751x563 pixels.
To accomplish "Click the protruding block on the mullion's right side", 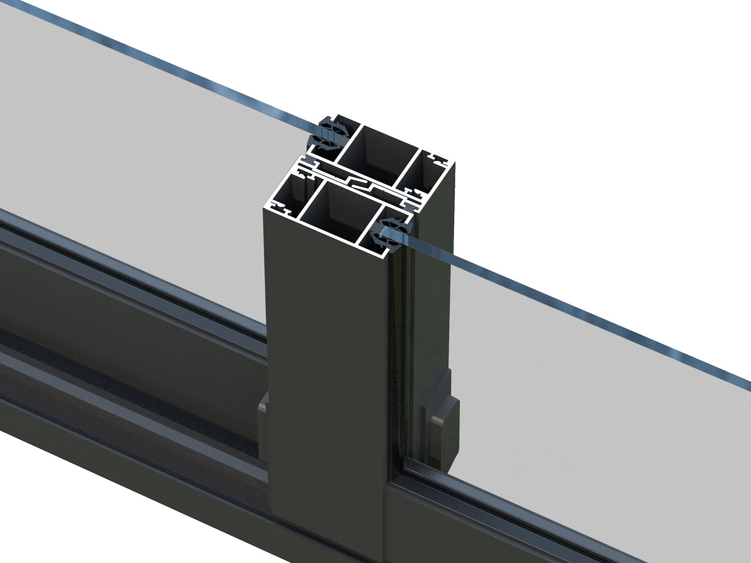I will (440, 426).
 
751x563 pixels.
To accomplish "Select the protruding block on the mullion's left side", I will (264, 426).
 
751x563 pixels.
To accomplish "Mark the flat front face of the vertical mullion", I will (328, 371).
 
